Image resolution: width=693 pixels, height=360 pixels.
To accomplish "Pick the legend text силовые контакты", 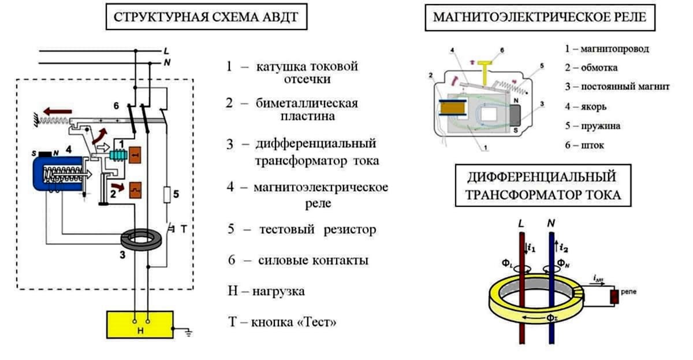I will (x=312, y=261).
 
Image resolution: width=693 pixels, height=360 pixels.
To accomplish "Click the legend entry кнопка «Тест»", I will (x=294, y=322).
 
